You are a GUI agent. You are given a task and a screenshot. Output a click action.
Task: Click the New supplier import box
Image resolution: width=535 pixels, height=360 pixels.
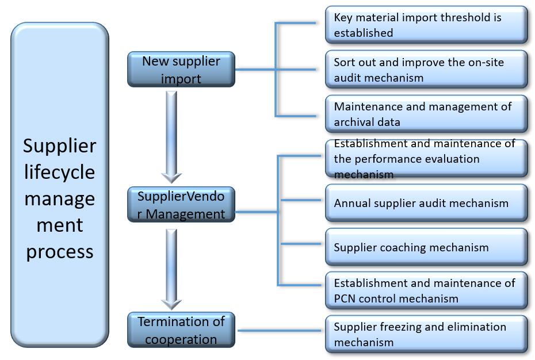[x=181, y=70]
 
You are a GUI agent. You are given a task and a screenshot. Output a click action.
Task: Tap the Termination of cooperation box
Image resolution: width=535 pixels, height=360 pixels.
[x=181, y=330]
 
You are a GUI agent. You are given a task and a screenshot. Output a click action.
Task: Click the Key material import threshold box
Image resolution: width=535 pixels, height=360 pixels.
[x=426, y=25]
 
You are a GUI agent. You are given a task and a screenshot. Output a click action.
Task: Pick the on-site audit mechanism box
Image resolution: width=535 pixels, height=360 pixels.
[x=426, y=70]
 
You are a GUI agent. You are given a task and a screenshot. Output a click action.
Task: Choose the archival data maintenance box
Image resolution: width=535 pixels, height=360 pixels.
[x=426, y=114]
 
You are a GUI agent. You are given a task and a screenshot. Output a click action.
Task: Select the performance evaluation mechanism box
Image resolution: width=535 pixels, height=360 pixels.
[x=426, y=159]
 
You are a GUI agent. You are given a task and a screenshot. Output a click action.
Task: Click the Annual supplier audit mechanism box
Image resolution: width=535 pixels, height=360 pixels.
[x=426, y=203]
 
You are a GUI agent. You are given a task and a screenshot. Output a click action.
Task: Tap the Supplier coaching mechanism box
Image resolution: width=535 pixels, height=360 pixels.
[x=426, y=247]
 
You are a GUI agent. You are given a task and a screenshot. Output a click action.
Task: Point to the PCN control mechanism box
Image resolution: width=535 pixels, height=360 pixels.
[x=426, y=290]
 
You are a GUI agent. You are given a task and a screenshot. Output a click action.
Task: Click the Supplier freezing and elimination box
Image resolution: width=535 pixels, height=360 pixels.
[x=426, y=334]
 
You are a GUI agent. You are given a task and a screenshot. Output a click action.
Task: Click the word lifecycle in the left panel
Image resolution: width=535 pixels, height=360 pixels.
[x=59, y=173]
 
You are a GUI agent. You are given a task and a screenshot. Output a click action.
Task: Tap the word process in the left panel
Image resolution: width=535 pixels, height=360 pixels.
[x=59, y=251]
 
